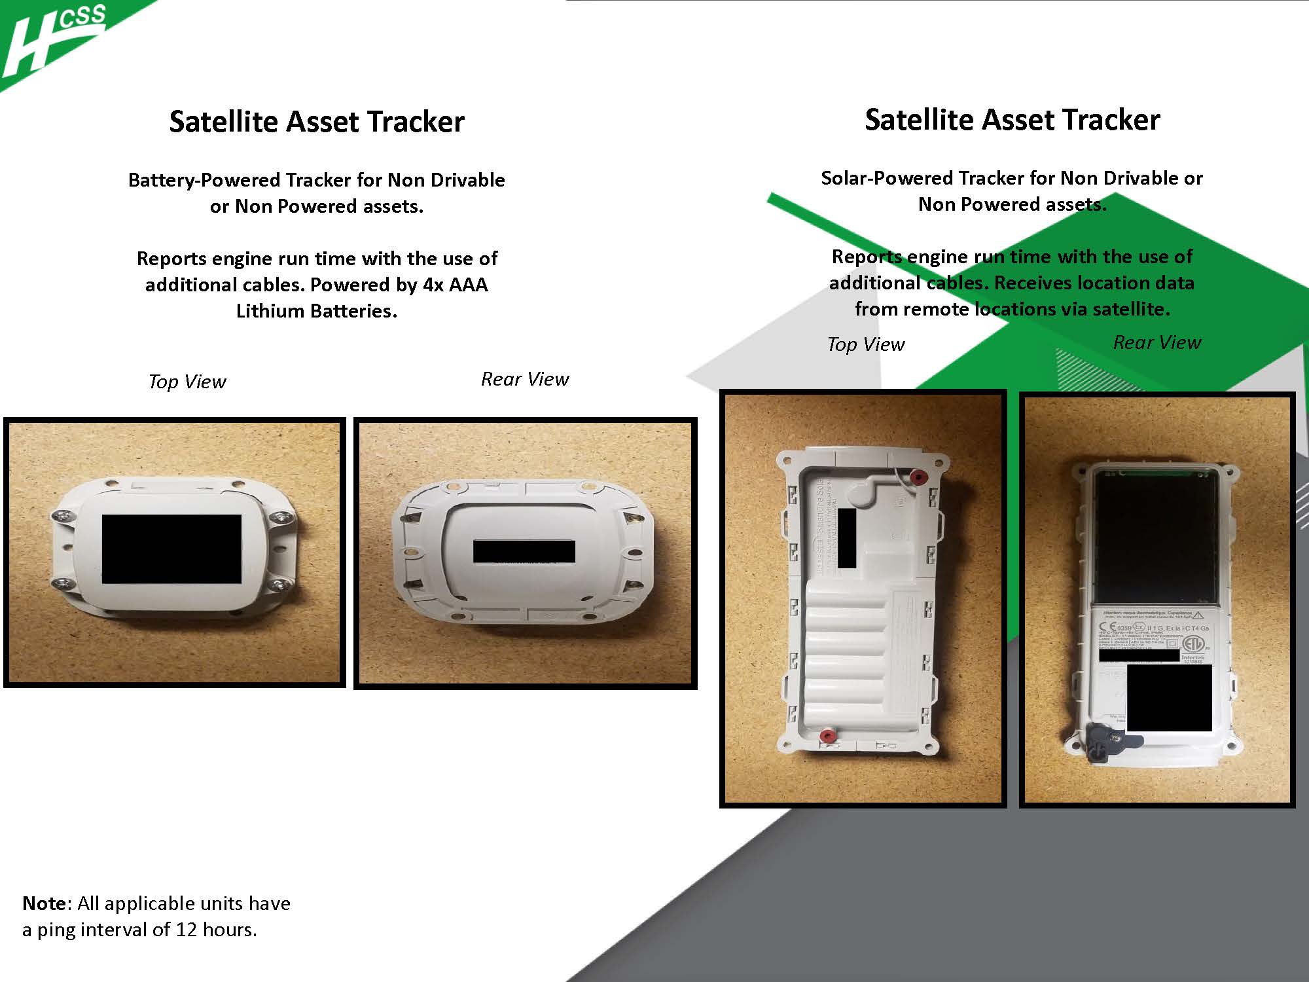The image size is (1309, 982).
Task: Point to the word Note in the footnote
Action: point(44,903)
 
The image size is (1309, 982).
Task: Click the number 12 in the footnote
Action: point(187,930)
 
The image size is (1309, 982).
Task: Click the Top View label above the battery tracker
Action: point(187,382)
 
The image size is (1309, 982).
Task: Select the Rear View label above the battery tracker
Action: point(525,379)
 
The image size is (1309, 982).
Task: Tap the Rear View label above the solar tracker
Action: point(1157,342)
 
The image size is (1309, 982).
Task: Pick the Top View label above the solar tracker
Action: point(866,344)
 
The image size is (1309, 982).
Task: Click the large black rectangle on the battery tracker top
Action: point(171,549)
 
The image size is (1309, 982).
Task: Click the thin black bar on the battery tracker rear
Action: point(524,551)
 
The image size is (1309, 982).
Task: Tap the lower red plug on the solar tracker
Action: point(827,736)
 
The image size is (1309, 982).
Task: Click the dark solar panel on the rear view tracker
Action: point(1155,537)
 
